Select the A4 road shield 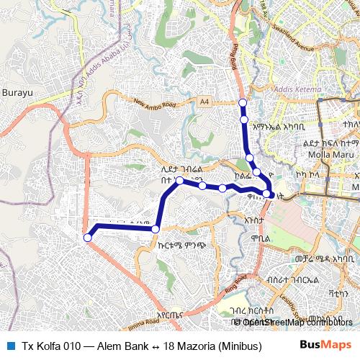pos(205,102)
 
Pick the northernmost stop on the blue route pos(243,102)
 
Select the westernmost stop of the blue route pos(88,237)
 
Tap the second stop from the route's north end pos(244,119)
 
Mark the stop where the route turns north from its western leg pos(156,229)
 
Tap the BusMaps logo pos(325,345)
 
